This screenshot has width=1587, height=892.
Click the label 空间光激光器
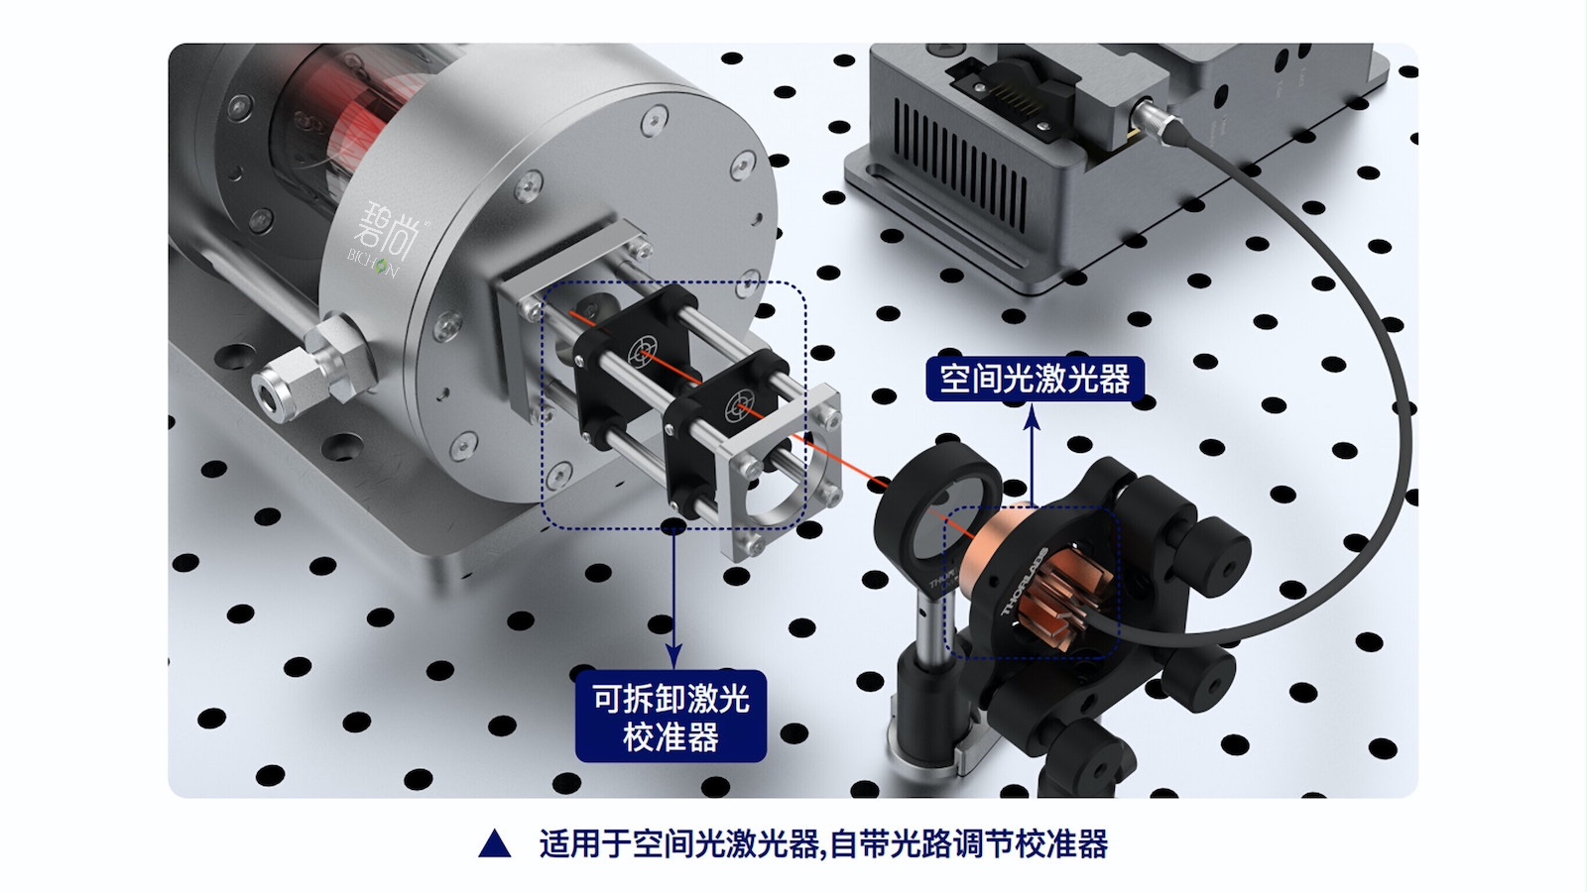(x=1035, y=379)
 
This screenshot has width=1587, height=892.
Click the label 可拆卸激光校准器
(x=671, y=718)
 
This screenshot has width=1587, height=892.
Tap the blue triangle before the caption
(x=494, y=844)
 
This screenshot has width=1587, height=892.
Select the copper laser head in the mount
(x=1002, y=540)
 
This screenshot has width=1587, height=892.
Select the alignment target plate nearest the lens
(x=738, y=405)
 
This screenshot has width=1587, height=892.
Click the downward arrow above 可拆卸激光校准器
(x=673, y=595)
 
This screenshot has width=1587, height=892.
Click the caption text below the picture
(x=823, y=844)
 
